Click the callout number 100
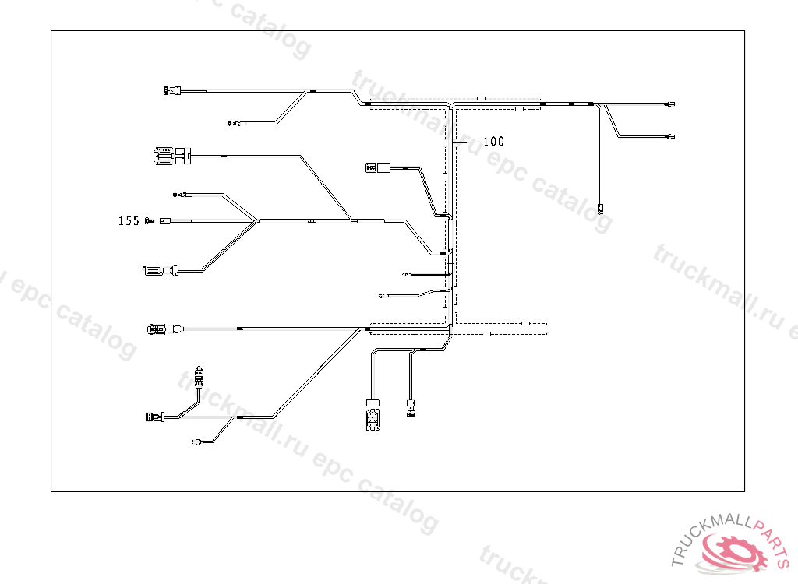click(x=493, y=142)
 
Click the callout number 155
click(x=129, y=221)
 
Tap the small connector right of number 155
click(x=164, y=221)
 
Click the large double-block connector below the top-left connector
click(x=171, y=156)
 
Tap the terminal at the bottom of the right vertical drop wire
click(x=601, y=208)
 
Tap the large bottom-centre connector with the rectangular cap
click(x=373, y=415)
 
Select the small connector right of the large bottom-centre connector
click(x=409, y=407)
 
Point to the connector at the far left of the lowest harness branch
click(x=153, y=417)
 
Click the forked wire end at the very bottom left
click(x=197, y=442)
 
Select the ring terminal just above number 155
click(x=176, y=194)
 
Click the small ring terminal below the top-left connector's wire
click(x=229, y=123)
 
